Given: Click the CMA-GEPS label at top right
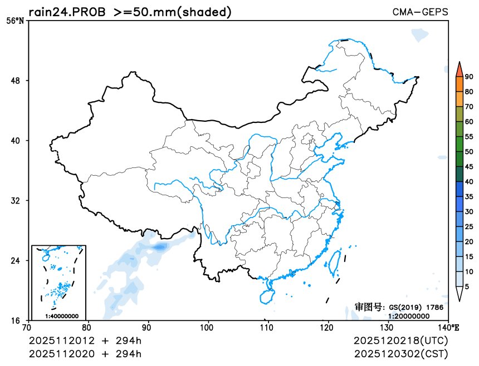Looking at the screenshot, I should click(420, 12).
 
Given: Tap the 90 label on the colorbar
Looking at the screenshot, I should click(469, 77).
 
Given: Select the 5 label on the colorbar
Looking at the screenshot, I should click(467, 286).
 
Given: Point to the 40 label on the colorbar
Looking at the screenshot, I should click(469, 182).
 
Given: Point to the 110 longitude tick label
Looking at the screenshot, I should click(268, 328).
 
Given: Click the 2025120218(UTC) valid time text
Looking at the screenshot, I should click(400, 340).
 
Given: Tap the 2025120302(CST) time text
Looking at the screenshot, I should click(400, 354).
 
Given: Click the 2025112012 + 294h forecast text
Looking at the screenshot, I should click(85, 340).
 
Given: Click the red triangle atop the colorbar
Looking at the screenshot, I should click(459, 70).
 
